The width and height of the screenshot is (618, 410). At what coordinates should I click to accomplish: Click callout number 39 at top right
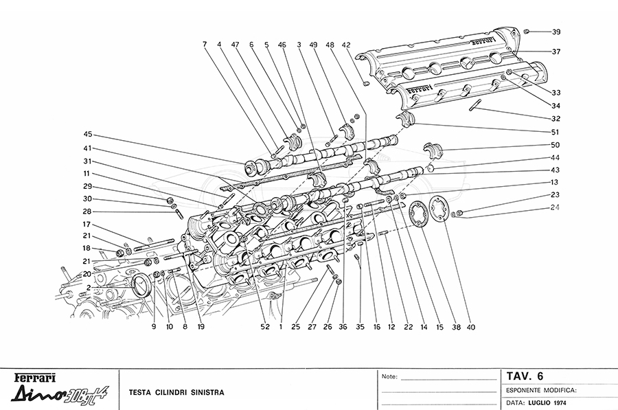point(556,32)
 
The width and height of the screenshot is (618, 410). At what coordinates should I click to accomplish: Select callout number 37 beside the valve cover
point(556,52)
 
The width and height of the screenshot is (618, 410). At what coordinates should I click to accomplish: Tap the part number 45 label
point(89,135)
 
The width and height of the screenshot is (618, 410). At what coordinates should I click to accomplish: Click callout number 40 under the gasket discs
point(470,327)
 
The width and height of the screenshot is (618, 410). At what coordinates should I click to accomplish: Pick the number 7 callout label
point(205,45)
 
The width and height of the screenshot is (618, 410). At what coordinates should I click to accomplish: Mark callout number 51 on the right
point(556,132)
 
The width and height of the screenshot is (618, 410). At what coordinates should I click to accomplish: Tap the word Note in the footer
point(389,377)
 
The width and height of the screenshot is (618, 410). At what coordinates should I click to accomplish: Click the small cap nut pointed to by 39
point(527,31)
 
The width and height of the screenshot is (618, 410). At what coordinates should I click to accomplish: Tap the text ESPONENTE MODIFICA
point(540,389)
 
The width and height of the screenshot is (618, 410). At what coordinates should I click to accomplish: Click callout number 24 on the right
point(556,207)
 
